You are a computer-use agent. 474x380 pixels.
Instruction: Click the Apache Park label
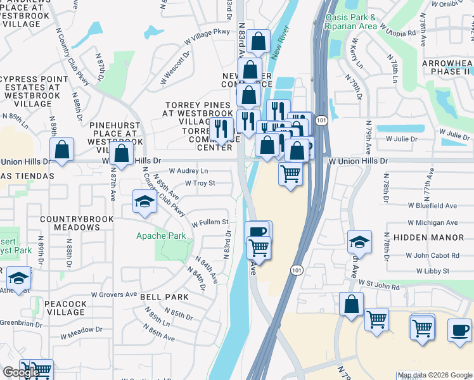[x=162, y=236]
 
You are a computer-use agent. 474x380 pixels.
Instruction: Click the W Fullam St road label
[x=210, y=222]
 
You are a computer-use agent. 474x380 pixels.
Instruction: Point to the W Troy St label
[x=200, y=184]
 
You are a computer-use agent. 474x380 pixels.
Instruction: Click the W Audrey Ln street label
[x=189, y=171]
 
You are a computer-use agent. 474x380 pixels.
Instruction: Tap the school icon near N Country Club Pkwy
[x=144, y=202]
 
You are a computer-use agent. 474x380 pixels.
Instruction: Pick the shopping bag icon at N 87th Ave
[x=121, y=152]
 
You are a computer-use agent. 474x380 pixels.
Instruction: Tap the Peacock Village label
[x=65, y=308]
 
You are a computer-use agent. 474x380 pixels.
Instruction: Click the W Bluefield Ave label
[x=432, y=206]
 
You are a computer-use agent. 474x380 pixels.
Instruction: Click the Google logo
[x=21, y=372]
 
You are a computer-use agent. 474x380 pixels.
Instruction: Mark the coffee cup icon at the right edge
[x=459, y=329]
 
